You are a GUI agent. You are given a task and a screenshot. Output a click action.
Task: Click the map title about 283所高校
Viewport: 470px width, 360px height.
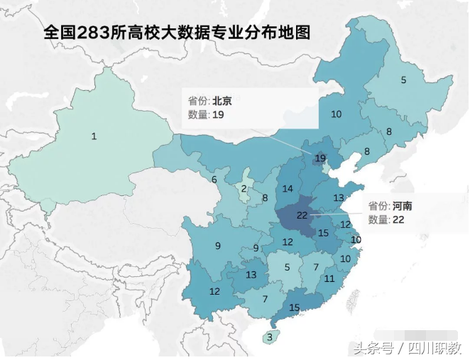[177, 33]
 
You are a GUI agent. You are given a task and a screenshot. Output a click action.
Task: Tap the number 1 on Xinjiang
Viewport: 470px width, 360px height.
[94, 136]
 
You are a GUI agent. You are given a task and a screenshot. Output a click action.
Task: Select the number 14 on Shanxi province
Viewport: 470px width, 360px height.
[288, 189]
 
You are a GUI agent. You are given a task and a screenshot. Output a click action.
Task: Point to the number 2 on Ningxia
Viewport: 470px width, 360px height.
[244, 188]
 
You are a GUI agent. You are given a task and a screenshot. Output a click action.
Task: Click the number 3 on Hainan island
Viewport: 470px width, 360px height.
[270, 337]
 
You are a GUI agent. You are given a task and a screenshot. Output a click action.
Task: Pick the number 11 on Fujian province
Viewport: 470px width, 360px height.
[329, 278]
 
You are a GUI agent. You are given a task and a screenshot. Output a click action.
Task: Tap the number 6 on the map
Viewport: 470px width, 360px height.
[214, 180]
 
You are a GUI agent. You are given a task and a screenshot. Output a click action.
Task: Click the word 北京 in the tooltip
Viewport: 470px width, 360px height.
[222, 102]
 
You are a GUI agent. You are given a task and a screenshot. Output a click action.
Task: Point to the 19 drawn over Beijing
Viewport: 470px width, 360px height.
[320, 158]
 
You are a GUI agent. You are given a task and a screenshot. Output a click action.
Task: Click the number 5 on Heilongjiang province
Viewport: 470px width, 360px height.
[403, 80]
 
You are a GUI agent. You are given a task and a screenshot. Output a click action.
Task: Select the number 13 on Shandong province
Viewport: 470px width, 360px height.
[339, 198]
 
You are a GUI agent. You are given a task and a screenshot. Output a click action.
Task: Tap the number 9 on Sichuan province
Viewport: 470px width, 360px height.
[217, 246]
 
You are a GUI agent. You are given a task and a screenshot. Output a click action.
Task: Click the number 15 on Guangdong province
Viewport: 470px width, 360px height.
[295, 307]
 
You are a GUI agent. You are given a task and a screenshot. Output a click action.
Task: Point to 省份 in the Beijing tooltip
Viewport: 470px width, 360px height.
[197, 102]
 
